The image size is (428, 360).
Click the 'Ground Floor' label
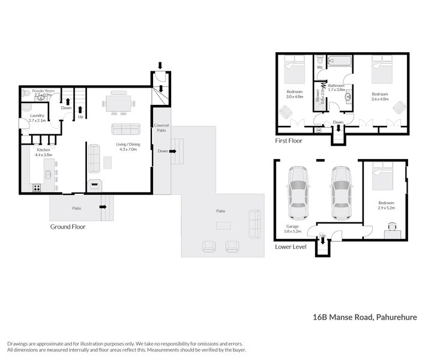67,227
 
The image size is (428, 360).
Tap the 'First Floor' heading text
289,141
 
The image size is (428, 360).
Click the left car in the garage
298,192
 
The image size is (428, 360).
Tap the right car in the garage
340,192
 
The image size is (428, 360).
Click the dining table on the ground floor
118,103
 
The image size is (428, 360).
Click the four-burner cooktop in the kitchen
37,187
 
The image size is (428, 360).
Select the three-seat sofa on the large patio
255,224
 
